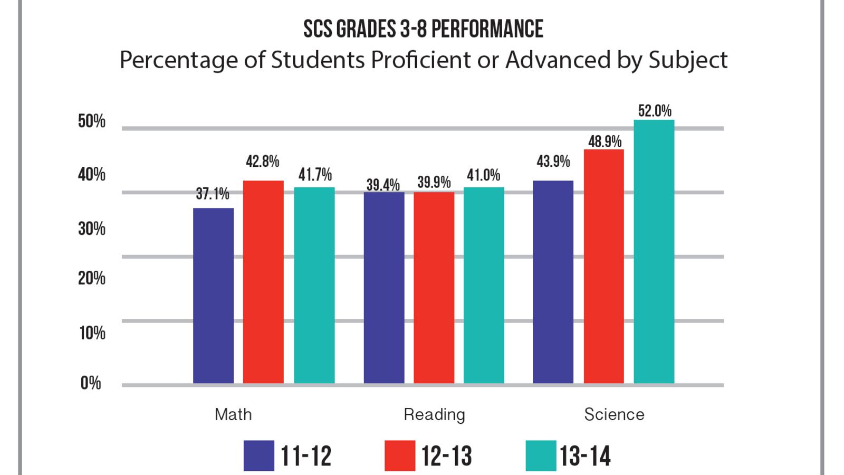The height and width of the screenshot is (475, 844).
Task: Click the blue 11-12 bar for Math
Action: point(213,296)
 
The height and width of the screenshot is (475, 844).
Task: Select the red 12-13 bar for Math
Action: point(263,282)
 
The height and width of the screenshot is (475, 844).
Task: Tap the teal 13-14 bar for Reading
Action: point(484,285)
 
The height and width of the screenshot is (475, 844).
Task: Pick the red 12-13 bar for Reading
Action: point(434,288)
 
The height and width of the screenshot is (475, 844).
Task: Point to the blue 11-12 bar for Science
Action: point(553,282)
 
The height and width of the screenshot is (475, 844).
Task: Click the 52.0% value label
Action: point(655,111)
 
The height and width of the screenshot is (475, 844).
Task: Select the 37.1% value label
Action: point(213,194)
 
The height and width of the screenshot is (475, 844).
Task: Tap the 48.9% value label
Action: point(605,141)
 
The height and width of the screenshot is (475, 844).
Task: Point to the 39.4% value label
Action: point(383,185)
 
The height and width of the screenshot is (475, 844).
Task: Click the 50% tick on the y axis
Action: point(92,122)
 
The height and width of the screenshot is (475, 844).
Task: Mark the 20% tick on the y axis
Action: point(92,278)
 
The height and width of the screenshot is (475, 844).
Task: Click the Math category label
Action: point(233,414)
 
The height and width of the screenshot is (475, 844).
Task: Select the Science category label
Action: point(614,414)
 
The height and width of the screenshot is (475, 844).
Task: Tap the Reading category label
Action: point(434,415)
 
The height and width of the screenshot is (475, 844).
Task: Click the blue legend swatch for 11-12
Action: point(259,455)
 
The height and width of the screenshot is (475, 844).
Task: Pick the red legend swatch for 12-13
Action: point(400,455)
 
